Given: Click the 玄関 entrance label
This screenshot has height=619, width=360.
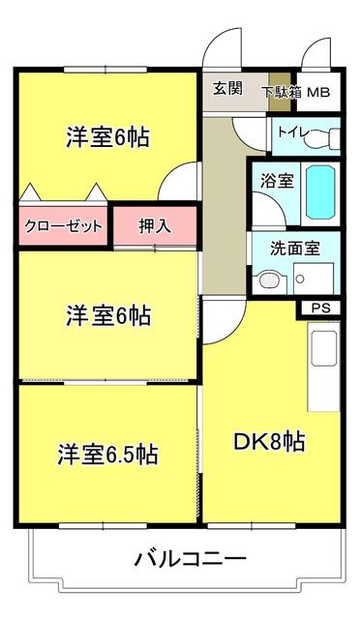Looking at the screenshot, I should coord(227,88).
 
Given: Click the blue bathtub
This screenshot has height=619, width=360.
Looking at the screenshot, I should coord(320,192).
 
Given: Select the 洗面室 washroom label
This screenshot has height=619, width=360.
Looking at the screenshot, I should coord(295,247).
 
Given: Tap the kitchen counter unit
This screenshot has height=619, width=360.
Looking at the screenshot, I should coord(322,368).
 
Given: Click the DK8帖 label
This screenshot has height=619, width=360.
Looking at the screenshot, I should coord(270,442).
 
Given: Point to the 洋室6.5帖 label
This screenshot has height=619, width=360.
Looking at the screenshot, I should coord(106,453).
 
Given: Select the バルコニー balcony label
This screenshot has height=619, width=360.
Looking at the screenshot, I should coord(191,558).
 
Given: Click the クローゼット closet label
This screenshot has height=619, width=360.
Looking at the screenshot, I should coord(63,225).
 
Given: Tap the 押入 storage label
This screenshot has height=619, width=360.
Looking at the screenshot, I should coord(155,226).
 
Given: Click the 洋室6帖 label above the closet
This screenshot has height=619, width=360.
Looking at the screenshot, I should coord(107,137).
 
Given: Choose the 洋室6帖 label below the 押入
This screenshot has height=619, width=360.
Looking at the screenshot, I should coord(107,315).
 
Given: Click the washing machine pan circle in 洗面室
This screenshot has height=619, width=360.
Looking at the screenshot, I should coord(301,280).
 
